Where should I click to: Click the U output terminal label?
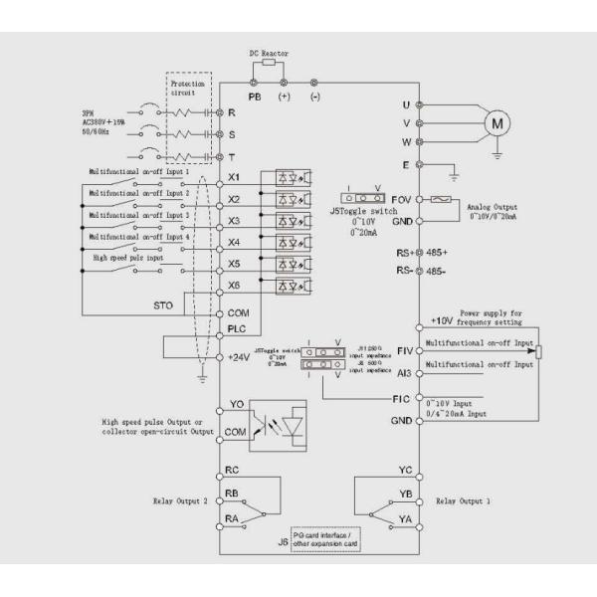(406, 103)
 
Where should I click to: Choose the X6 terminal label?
(235, 287)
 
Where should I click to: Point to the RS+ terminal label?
(401, 254)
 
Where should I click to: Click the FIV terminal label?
(403, 351)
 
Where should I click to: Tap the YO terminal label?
(236, 405)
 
